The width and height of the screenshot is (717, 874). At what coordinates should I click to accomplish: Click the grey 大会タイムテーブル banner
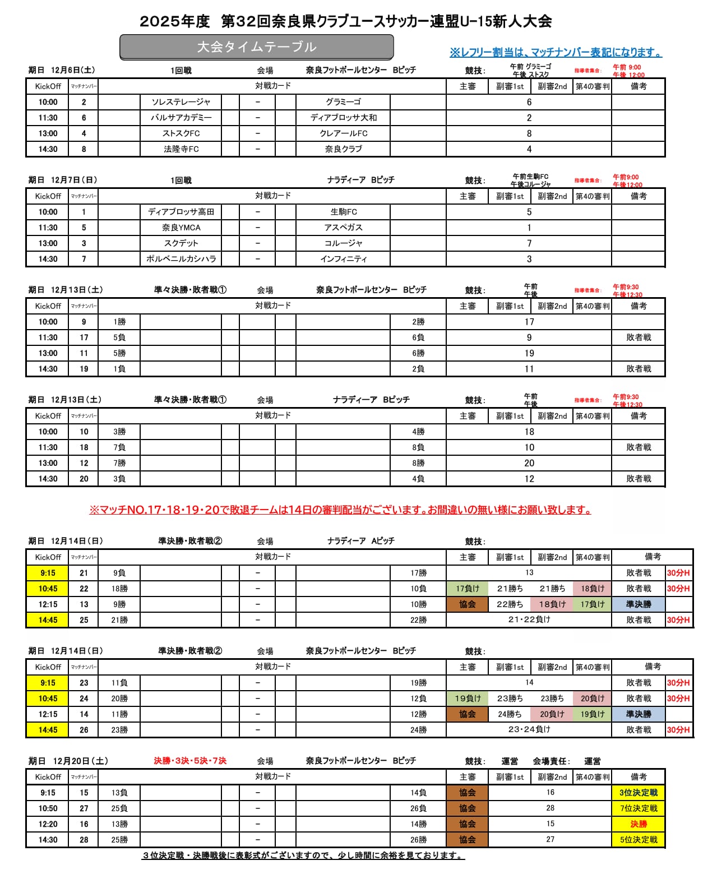tap(256, 47)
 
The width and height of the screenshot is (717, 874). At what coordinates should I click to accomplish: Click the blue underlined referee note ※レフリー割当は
tap(555, 53)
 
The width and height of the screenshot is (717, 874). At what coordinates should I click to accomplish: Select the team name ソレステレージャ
tap(181, 102)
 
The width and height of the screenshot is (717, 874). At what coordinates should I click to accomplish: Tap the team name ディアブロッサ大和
tap(343, 118)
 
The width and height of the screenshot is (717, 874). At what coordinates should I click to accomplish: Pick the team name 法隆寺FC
tap(181, 149)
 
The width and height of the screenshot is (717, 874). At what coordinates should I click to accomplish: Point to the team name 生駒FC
tap(343, 212)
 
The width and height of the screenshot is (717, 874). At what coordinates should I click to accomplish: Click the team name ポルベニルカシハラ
tap(181, 259)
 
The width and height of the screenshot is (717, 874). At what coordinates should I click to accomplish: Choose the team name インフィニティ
tap(343, 259)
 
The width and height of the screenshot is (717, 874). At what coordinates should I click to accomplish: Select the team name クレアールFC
tap(343, 133)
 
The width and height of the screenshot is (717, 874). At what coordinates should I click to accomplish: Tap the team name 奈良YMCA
tap(181, 228)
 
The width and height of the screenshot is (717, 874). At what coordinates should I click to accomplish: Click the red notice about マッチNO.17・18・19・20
tap(340, 510)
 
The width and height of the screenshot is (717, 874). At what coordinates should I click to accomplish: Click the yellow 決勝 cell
tap(638, 824)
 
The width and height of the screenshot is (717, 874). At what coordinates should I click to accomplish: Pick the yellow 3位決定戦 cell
tap(638, 793)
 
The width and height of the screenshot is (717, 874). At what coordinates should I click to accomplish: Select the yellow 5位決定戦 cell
tap(638, 840)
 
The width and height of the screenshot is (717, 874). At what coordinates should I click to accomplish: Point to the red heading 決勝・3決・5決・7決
tap(190, 761)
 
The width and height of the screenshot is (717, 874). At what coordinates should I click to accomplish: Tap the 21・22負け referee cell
tap(529, 620)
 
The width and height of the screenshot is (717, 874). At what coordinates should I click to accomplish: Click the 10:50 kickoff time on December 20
tap(48, 808)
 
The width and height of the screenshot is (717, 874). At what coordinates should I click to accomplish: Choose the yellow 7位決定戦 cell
tap(638, 808)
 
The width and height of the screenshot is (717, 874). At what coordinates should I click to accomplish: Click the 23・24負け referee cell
tap(529, 730)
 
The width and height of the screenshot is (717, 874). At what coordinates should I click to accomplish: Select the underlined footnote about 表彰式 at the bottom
tap(303, 855)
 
